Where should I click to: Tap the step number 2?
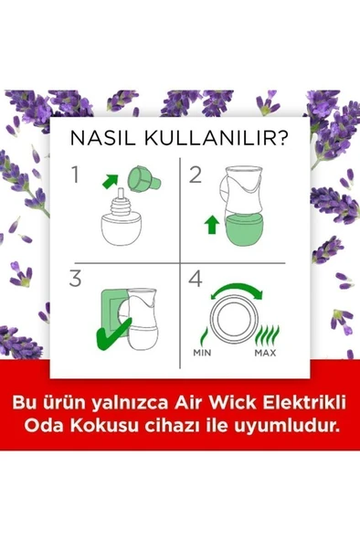click(195, 174)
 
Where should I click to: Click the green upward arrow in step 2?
click(211, 222)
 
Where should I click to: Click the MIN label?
click(203, 352)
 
